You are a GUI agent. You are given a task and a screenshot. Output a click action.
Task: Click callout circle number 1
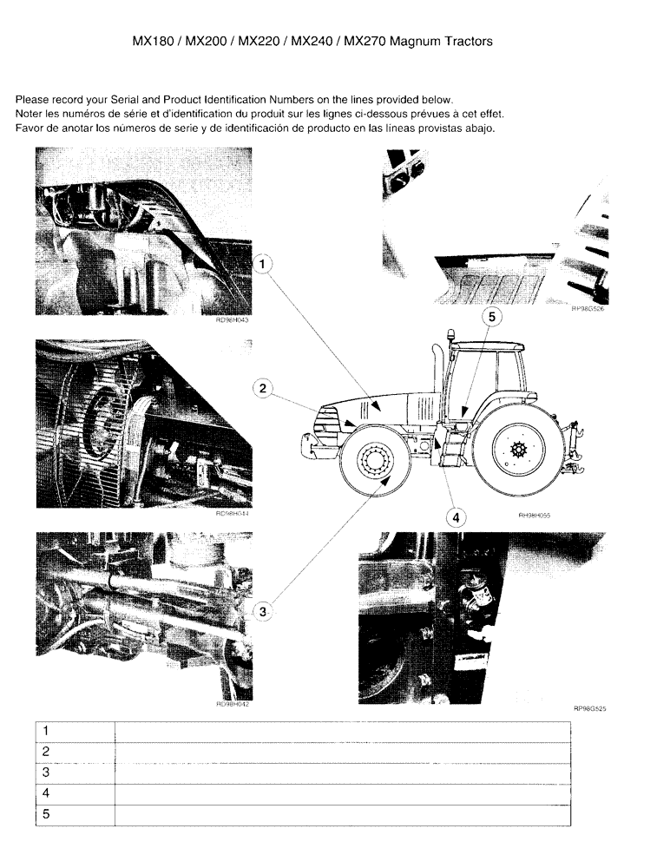pos(265,261)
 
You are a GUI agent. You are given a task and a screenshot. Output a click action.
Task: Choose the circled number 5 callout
pos(490,317)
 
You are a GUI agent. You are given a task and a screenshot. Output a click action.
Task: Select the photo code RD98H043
pos(233,319)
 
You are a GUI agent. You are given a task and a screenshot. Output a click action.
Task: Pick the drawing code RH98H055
pos(535,515)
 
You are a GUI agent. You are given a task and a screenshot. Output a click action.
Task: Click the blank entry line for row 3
pos(342,773)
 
